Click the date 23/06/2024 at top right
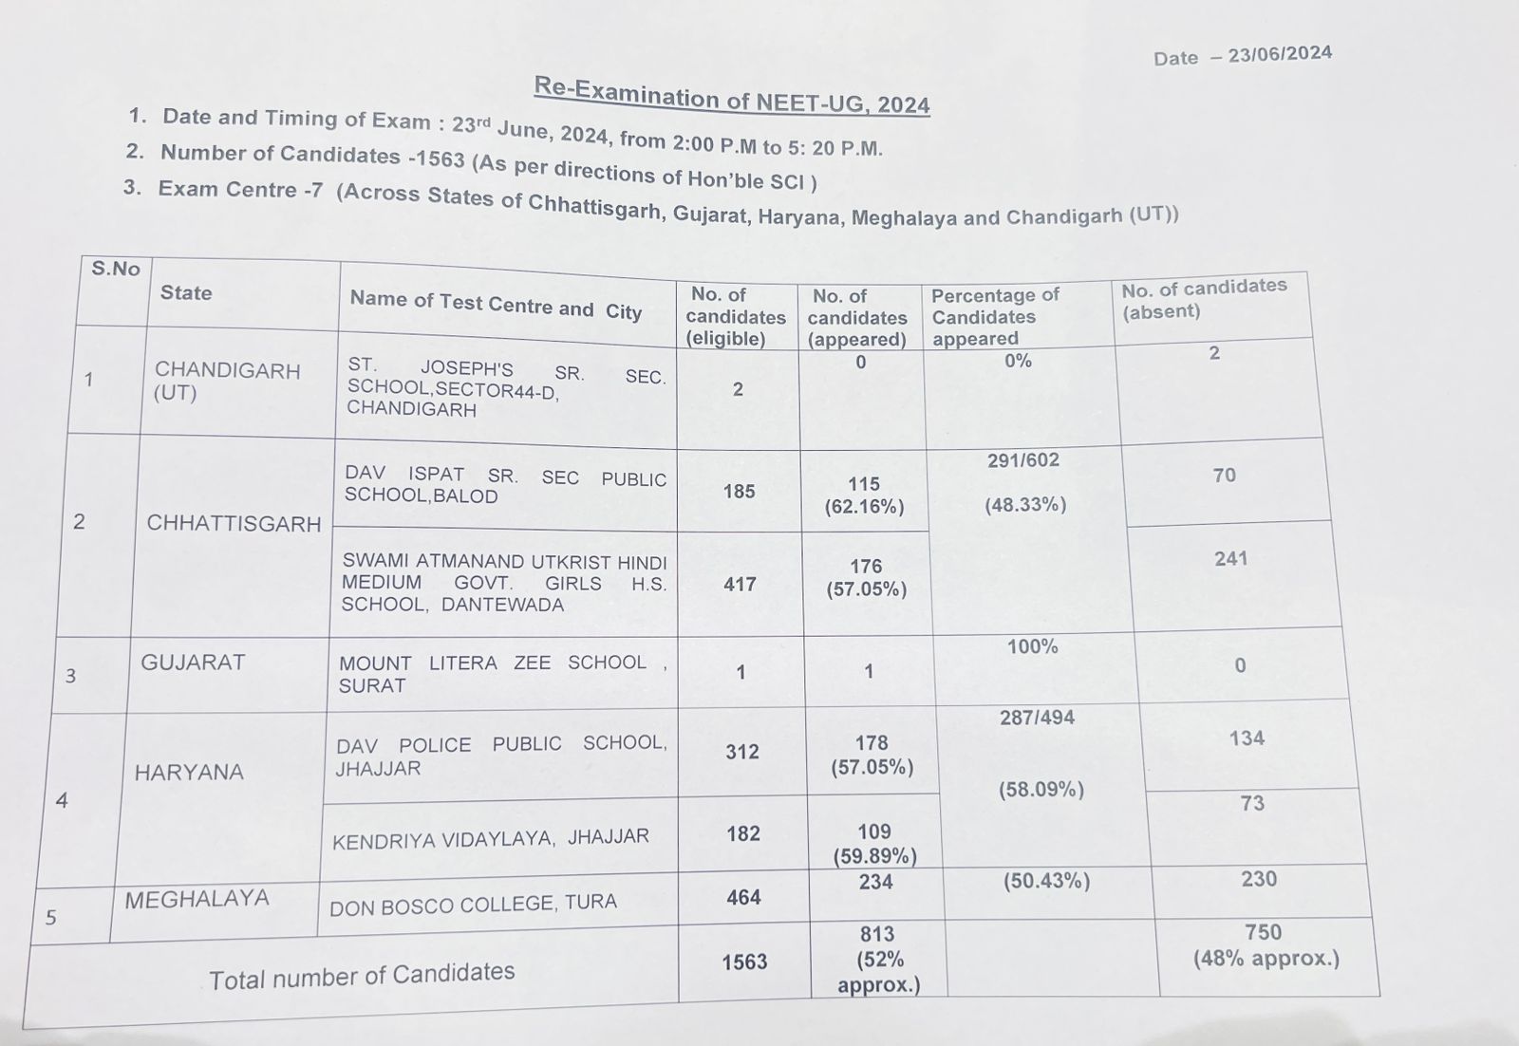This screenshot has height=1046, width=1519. [x=1279, y=54]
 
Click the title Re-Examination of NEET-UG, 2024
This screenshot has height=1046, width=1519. [x=732, y=96]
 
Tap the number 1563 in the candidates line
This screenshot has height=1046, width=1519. [x=440, y=158]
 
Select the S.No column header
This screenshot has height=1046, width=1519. [x=116, y=269]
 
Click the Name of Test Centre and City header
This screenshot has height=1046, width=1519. [x=496, y=306]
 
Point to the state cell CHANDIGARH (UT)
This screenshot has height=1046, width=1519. [x=227, y=381]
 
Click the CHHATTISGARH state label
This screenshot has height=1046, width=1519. [x=234, y=524]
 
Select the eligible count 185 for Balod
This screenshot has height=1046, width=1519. [x=739, y=492]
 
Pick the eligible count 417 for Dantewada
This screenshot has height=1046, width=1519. [x=740, y=584]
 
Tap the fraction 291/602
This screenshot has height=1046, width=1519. [x=1022, y=461]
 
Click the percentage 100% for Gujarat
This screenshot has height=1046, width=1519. [x=1032, y=647]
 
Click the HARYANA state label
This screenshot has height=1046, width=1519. [x=189, y=773]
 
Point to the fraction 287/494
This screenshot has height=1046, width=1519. [x=1037, y=719]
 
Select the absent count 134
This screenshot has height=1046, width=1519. [x=1246, y=738]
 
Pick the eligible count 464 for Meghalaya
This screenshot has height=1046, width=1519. [x=743, y=898]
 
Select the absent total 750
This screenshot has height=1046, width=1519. [x=1263, y=933]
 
